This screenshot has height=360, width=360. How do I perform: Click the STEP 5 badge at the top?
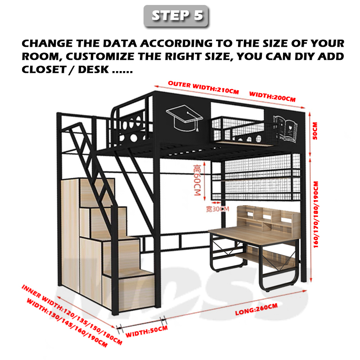pyautogui.click(x=176, y=16)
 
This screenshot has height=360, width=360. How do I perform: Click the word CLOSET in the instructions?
pyautogui.click(x=44, y=70)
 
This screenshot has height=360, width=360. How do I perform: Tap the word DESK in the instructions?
pyautogui.click(x=94, y=70)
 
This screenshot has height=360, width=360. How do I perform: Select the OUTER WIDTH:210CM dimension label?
pyautogui.click(x=203, y=87)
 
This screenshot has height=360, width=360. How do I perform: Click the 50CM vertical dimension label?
pyautogui.click(x=315, y=131)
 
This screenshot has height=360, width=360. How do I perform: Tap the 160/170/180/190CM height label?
pyautogui.click(x=316, y=215)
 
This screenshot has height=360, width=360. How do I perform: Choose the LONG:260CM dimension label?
pyautogui.click(x=256, y=309)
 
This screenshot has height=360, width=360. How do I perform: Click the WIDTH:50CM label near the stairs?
pyautogui.click(x=147, y=332)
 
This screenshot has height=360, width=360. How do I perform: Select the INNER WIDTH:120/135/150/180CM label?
pyautogui.click(x=72, y=315)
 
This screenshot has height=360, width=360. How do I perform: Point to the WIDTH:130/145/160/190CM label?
pyautogui.click(x=67, y=323)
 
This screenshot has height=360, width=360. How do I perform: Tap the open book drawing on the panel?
pyautogui.click(x=285, y=128)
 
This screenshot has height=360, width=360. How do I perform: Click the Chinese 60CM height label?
pyautogui.click(x=198, y=180)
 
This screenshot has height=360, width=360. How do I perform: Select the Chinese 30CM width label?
pyautogui.click(x=217, y=209)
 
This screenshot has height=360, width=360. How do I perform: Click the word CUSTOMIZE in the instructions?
pyautogui.click(x=100, y=57)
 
